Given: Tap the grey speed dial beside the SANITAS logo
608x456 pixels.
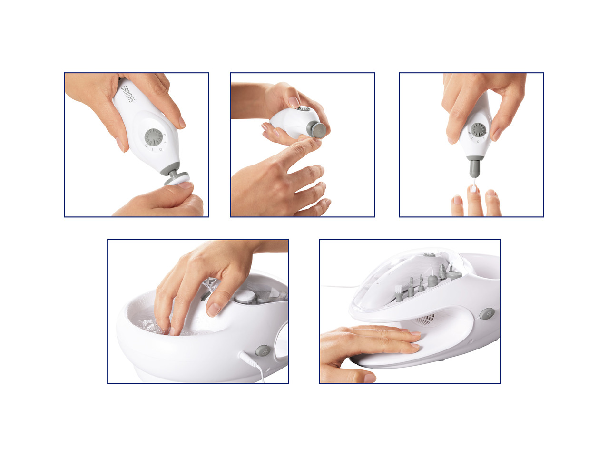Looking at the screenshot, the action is pyautogui.click(x=154, y=137).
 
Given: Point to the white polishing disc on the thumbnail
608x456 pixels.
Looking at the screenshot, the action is pyautogui.click(x=178, y=181).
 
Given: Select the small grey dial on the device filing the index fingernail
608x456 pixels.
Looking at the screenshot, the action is pyautogui.click(x=304, y=108).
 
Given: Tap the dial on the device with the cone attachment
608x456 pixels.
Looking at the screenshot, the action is pyautogui.click(x=478, y=130).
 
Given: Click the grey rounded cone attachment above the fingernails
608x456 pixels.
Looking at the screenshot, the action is pyautogui.click(x=475, y=167).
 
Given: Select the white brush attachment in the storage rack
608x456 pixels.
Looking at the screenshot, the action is pyautogui.click(x=399, y=293).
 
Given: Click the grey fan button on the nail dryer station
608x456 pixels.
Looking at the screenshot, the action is pyautogui.click(x=487, y=314).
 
